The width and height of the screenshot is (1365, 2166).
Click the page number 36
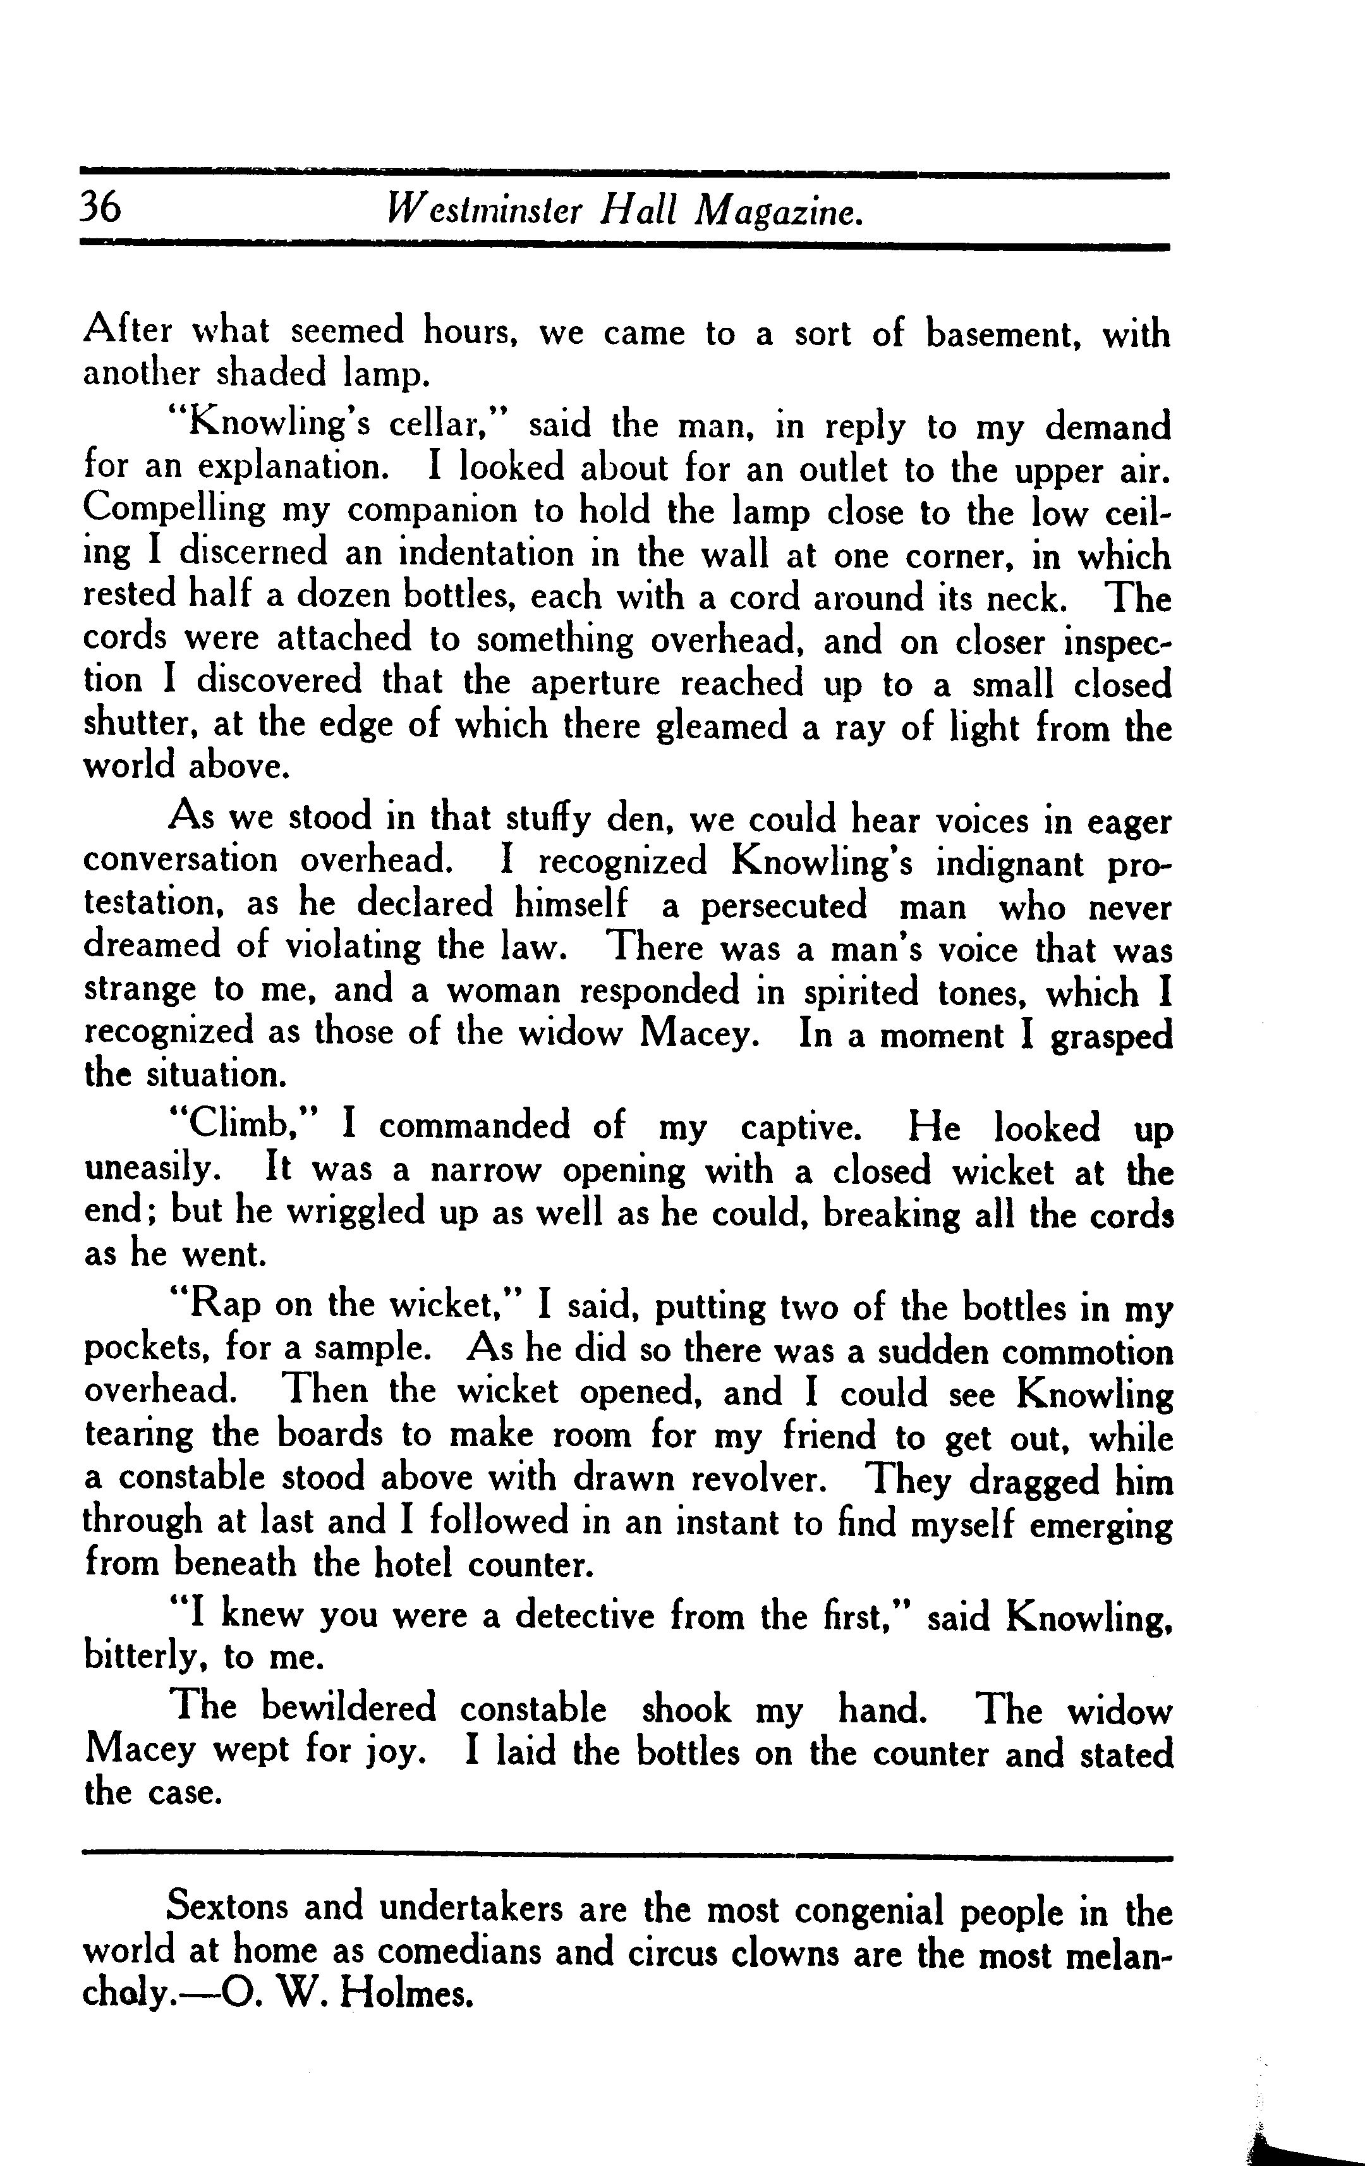pos(100,208)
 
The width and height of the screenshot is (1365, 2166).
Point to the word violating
pos(353,947)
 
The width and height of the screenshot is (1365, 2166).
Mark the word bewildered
pos(348,1708)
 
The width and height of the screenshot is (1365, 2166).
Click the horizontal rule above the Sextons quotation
pos(627,1856)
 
